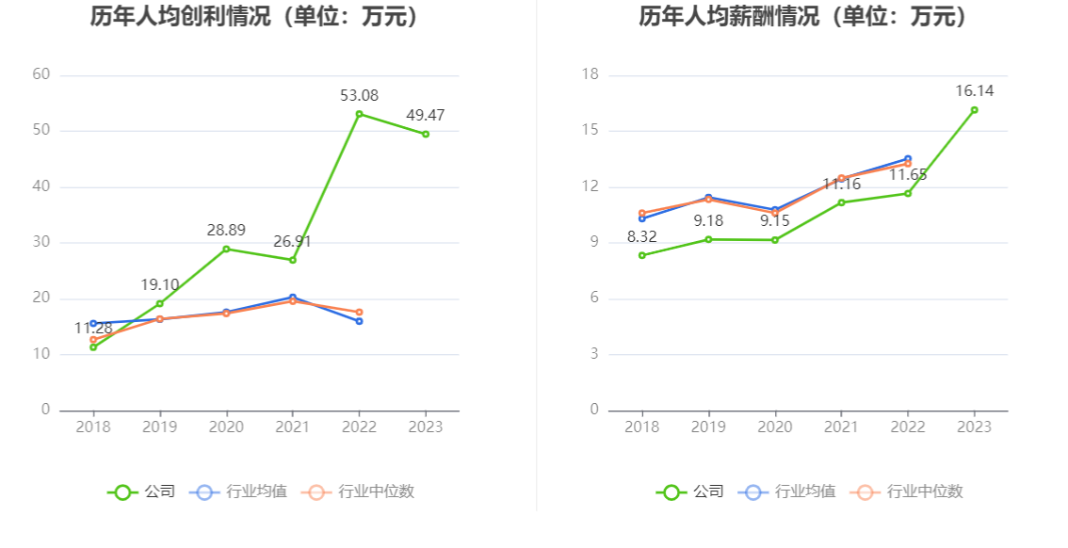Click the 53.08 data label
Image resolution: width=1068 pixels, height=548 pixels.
[359, 95]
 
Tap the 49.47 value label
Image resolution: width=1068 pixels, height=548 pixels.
[426, 115]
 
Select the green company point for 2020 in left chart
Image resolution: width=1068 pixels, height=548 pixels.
[226, 249]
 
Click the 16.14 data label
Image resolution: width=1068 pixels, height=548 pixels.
[974, 90]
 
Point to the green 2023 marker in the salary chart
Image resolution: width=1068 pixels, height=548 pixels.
[974, 110]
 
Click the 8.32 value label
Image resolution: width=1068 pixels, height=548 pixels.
[642, 236]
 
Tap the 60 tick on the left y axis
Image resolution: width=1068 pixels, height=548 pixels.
[41, 74]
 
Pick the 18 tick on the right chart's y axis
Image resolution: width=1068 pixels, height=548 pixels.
[591, 74]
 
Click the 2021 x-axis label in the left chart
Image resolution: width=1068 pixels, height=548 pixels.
[292, 427]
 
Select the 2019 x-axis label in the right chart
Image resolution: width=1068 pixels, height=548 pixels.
[708, 427]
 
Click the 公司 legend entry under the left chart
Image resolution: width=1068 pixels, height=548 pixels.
[141, 492]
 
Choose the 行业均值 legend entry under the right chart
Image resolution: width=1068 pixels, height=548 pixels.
[789, 492]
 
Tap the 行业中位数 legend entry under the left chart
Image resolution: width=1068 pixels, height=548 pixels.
[362, 492]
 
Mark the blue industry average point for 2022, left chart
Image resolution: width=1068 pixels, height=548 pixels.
[359, 321]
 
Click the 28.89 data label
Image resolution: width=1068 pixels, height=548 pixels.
[226, 230]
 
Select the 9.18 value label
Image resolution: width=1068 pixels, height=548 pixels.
[708, 220]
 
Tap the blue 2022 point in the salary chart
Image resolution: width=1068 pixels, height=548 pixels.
[908, 159]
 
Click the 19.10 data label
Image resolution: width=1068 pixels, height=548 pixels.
[160, 284]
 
